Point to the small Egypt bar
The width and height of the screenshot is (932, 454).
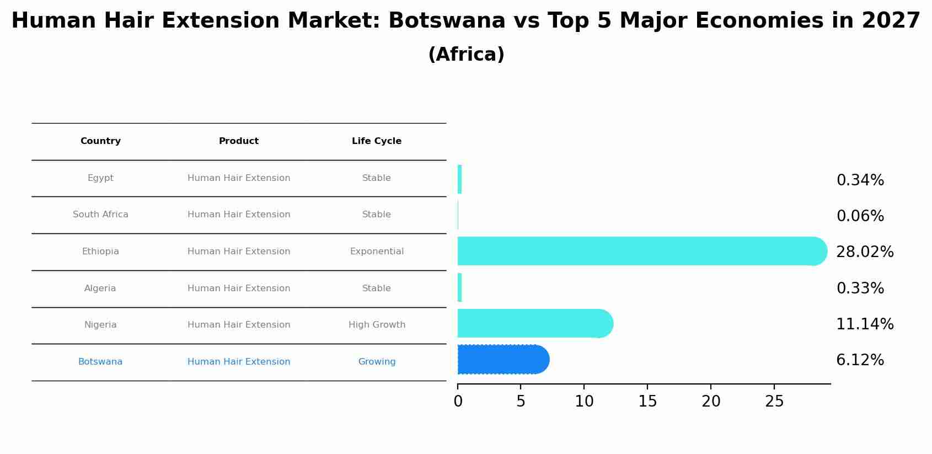click(459, 179)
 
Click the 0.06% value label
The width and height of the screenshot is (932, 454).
click(860, 216)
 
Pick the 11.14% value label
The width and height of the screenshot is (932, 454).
click(864, 324)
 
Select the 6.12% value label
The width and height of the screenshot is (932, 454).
click(860, 360)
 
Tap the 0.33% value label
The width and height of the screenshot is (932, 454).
click(860, 289)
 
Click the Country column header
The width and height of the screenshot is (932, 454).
click(100, 141)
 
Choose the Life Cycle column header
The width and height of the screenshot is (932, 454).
click(377, 141)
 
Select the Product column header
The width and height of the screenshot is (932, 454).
click(239, 141)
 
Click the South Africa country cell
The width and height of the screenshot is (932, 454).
click(100, 215)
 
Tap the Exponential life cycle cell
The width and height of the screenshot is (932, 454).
click(377, 252)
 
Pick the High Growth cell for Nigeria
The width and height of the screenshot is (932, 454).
click(377, 325)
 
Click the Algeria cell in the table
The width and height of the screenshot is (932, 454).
click(100, 289)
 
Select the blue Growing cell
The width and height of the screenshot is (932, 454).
click(377, 362)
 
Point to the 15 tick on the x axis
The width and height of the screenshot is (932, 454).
click(647, 402)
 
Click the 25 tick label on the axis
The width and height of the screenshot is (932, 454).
click(774, 402)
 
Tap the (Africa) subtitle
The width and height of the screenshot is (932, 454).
click(466, 55)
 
